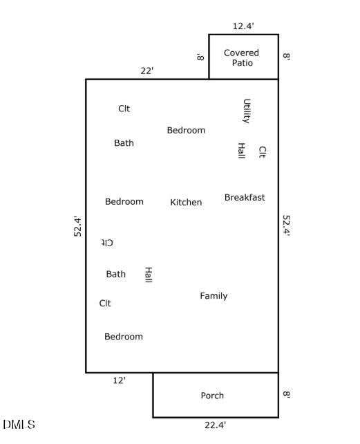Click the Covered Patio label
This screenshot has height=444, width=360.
241,57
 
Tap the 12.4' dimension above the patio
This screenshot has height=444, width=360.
243,26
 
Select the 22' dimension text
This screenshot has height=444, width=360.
147,71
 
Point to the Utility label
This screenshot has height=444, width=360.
247,111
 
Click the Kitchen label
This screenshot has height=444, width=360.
186,202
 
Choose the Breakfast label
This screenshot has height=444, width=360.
245,197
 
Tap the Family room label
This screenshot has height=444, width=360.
214,296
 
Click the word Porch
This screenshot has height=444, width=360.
212,396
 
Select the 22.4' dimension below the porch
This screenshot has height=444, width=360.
215,425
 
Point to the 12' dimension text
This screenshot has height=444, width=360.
119,380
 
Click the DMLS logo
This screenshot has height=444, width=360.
19,424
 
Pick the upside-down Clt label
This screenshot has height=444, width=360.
107,243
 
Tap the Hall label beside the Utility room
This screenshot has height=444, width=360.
241,150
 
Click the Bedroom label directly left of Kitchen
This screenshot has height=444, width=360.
124,201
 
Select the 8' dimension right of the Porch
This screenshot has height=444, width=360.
287,394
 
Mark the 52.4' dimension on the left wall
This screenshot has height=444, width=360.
77,226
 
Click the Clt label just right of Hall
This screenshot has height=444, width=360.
262,151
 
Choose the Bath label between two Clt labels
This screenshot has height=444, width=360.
116,274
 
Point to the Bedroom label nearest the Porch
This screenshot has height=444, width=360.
124,336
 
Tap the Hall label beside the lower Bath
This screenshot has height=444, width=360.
149,275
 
